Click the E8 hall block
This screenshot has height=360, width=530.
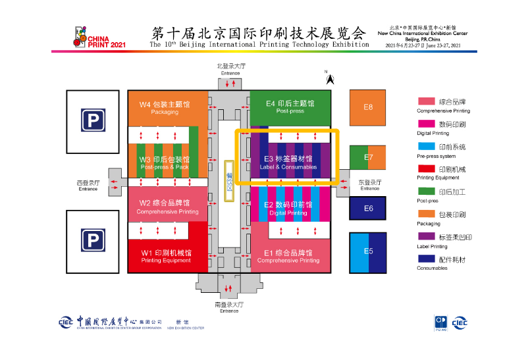(368, 107)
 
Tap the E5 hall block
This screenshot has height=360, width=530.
(368, 251)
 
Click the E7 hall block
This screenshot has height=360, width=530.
(368, 158)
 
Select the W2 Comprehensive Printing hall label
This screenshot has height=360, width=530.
(167, 207)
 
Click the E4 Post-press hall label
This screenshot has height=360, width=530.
(290, 107)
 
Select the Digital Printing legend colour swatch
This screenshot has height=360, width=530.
(427, 124)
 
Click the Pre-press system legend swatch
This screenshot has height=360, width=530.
(427, 146)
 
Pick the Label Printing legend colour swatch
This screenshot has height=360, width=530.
(427, 236)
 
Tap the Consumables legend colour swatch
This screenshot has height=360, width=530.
(427, 259)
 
